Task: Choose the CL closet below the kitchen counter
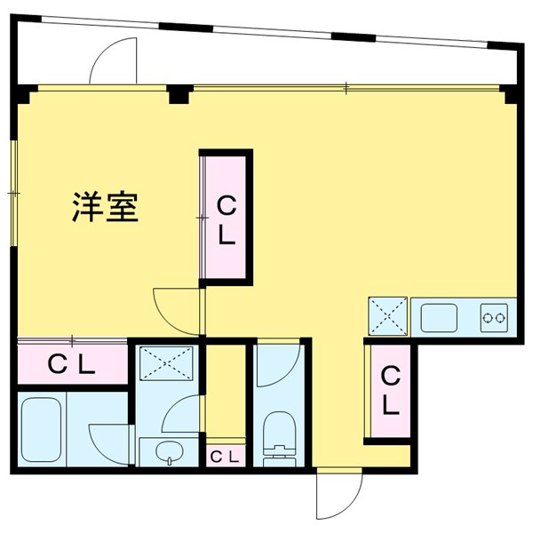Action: click(x=389, y=391)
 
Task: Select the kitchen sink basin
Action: click(x=441, y=316)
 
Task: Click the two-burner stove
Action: click(x=495, y=315)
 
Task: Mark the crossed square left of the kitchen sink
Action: click(x=387, y=315)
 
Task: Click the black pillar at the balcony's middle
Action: click(x=181, y=92)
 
